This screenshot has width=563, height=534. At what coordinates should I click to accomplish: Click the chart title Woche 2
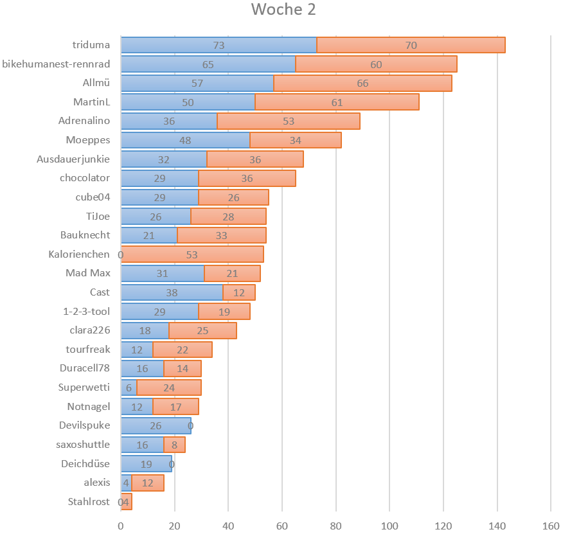click(283, 10)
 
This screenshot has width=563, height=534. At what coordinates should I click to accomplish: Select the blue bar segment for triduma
click(219, 45)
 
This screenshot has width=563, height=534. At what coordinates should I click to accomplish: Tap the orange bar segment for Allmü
click(362, 83)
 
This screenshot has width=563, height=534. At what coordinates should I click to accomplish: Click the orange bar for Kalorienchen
click(192, 254)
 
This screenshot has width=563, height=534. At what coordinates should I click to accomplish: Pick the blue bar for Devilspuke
click(156, 425)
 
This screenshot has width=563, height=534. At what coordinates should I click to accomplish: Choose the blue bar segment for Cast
click(172, 292)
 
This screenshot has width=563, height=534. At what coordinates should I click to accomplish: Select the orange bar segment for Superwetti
click(169, 387)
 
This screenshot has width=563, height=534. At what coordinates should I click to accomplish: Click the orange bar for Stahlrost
click(127, 502)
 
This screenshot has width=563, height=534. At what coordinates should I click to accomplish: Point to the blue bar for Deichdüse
click(147, 464)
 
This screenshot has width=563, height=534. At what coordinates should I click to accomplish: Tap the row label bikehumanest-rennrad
click(56, 64)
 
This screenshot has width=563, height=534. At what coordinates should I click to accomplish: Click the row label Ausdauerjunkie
click(73, 159)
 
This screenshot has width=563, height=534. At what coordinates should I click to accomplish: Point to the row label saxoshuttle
click(83, 445)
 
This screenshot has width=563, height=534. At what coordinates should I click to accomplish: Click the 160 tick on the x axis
click(551, 525)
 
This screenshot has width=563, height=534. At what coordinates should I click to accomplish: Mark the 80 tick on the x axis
click(336, 525)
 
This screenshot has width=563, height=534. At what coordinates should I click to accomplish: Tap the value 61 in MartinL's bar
click(337, 102)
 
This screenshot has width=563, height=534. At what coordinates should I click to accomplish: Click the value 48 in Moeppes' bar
click(185, 140)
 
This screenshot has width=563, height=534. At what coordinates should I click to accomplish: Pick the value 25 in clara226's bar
click(202, 330)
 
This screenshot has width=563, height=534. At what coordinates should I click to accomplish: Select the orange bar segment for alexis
click(147, 483)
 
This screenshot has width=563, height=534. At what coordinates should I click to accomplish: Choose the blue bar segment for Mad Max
click(162, 273)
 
